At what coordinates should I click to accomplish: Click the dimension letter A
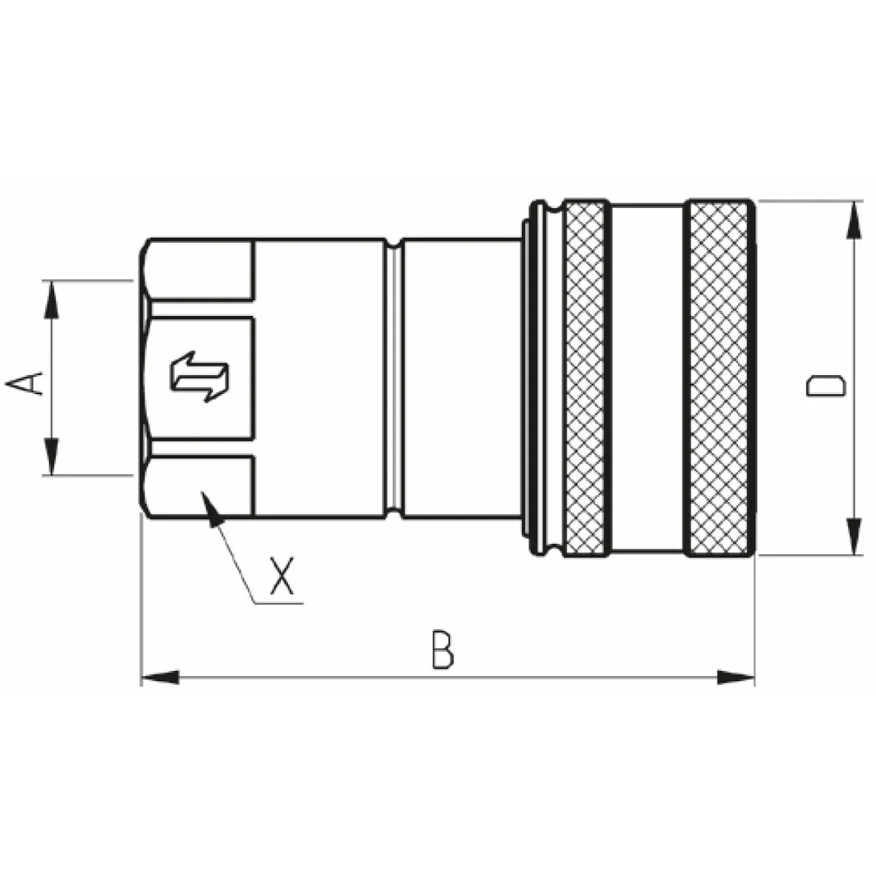23,383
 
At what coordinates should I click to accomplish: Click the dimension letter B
442,650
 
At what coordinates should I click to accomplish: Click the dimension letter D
826,385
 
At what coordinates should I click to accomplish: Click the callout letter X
282,576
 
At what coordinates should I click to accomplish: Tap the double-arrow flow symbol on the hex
199,377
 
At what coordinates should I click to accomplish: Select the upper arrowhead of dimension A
51,299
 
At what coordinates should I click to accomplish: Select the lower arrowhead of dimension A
51,456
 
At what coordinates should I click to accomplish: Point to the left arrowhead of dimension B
160,677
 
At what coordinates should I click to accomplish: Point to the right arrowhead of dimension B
736,677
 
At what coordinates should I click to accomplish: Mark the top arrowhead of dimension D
854,220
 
